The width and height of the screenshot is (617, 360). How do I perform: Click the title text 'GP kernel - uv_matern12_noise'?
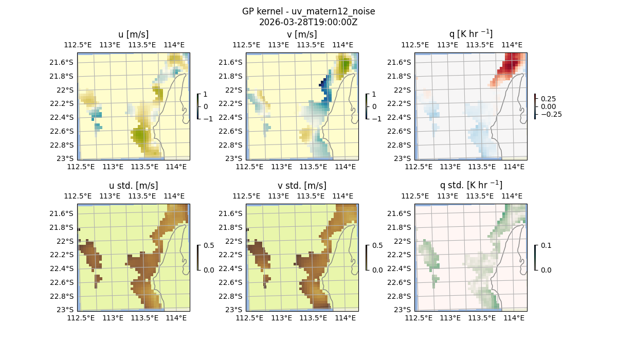click(x=308, y=11)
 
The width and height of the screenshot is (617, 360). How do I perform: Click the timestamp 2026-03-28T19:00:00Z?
click(x=308, y=22)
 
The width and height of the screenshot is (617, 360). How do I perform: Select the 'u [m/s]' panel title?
click(x=133, y=34)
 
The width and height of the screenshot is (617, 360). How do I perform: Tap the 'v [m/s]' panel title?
click(x=302, y=34)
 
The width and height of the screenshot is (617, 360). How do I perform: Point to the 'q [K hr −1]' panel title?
click(x=470, y=34)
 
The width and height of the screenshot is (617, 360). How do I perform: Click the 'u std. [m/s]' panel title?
click(x=133, y=186)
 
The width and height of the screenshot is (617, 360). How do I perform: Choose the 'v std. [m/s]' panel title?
click(x=302, y=186)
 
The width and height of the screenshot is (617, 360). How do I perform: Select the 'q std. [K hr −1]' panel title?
click(x=470, y=185)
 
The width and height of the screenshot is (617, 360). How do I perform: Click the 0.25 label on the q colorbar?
click(x=549, y=99)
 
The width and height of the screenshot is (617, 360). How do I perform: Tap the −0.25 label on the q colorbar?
click(x=551, y=114)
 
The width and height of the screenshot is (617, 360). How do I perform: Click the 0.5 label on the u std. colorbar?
click(x=209, y=246)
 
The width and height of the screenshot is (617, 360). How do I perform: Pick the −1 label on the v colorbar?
click(x=377, y=118)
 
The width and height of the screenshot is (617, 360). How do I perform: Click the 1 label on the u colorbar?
click(x=206, y=95)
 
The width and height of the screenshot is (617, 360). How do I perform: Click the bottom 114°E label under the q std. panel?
click(x=514, y=318)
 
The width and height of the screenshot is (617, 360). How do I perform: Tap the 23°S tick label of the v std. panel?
click(x=235, y=310)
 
